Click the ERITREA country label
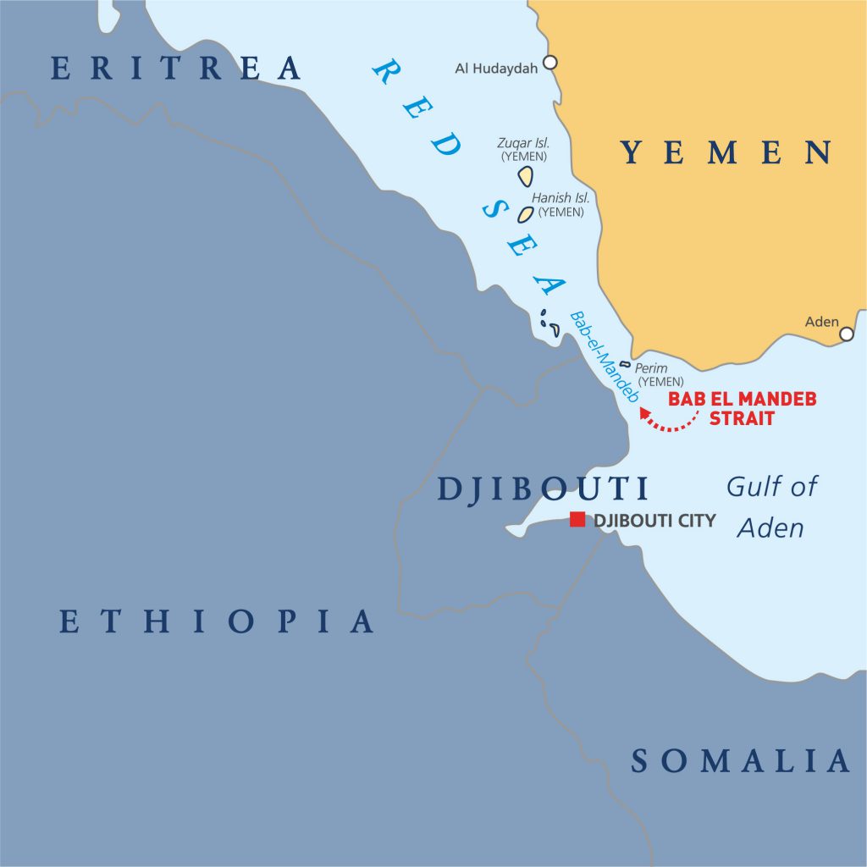(176, 68)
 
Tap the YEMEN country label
(726, 152)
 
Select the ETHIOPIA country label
(217, 621)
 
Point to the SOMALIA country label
(740, 760)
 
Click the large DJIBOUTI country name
(543, 489)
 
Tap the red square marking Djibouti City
(577, 520)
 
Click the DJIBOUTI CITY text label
(654, 521)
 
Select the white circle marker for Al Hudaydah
(550, 62)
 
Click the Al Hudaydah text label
(496, 69)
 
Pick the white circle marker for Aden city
(846, 334)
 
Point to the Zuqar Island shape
(526, 175)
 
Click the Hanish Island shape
(526, 214)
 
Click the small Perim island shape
(625, 365)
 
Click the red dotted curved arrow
(669, 422)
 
